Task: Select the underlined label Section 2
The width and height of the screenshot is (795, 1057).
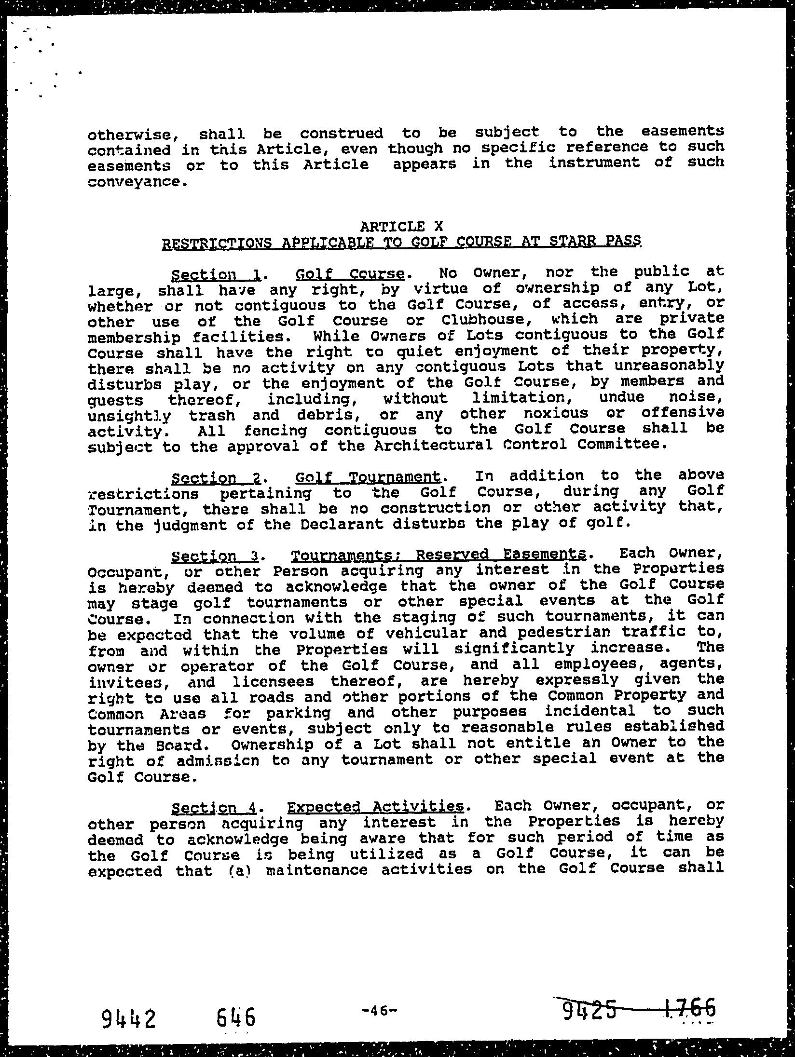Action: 216,478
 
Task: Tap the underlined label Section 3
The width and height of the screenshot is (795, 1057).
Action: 216,557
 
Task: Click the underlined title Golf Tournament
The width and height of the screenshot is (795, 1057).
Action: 368,477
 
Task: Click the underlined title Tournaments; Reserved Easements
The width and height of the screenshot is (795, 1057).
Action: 439,556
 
